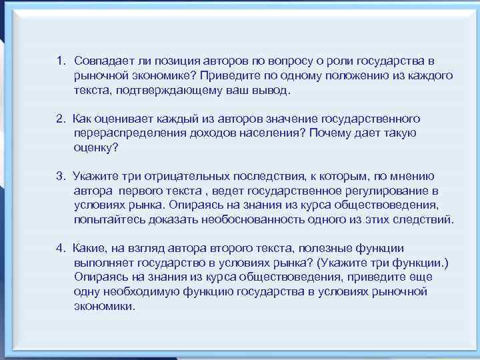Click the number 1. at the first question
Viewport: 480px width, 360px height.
tap(61, 61)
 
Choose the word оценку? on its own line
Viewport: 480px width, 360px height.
tap(96, 148)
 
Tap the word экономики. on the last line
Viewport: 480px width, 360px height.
tap(105, 307)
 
